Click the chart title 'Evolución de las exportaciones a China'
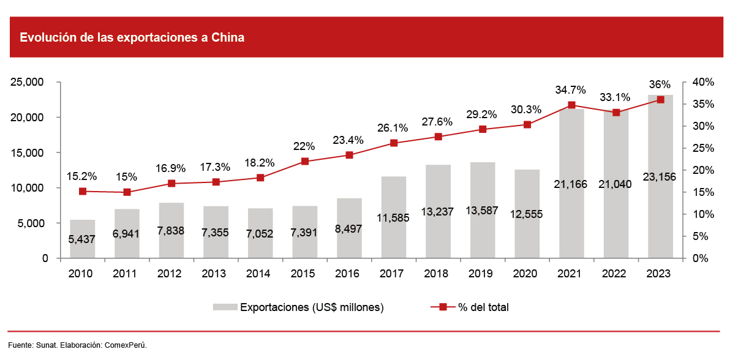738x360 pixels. coord(132,38)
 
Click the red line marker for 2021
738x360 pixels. coord(571,105)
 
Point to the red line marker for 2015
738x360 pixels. coord(304,162)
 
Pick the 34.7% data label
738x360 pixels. coord(571,90)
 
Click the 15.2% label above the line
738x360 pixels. coord(82,176)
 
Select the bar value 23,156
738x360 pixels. coord(660,178)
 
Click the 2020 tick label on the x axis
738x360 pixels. coord(527,274)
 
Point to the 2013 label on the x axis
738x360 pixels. coord(214,274)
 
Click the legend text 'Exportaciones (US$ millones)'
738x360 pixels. coord(312,307)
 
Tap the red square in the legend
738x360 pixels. coord(442,307)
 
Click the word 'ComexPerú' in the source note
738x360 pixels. coord(126,345)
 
